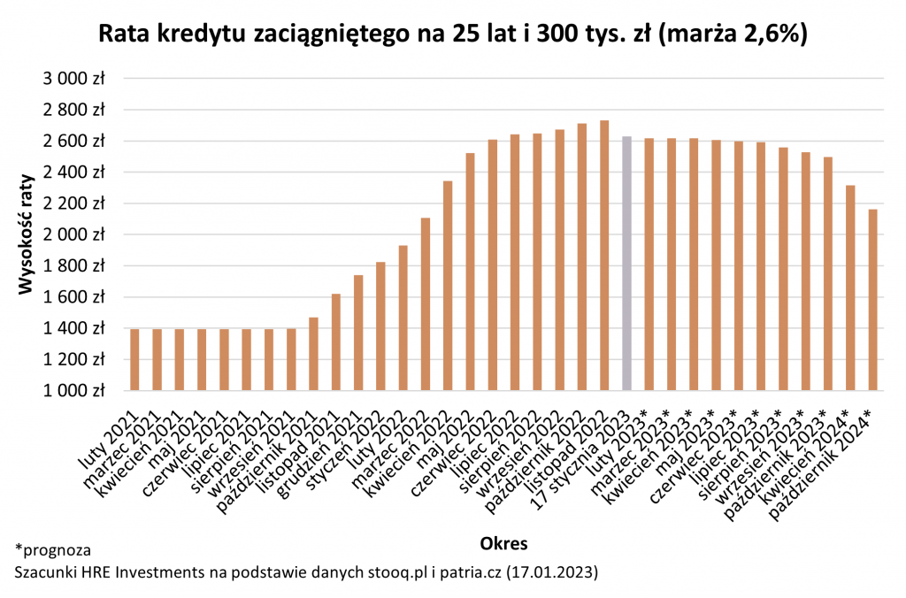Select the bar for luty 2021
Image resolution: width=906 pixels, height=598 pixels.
coord(134,359)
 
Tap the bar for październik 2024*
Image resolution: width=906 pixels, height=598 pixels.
coord(873,300)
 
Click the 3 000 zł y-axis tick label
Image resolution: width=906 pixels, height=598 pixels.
coord(74,78)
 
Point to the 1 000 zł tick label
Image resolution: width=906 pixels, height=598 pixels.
coord(74,390)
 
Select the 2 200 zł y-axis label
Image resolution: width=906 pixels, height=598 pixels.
coord(74,203)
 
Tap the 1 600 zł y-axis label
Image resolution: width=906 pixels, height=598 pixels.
coord(74,296)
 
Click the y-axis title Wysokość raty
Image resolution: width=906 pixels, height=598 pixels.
coord(27,234)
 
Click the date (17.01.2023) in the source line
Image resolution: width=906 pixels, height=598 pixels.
coord(554,572)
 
